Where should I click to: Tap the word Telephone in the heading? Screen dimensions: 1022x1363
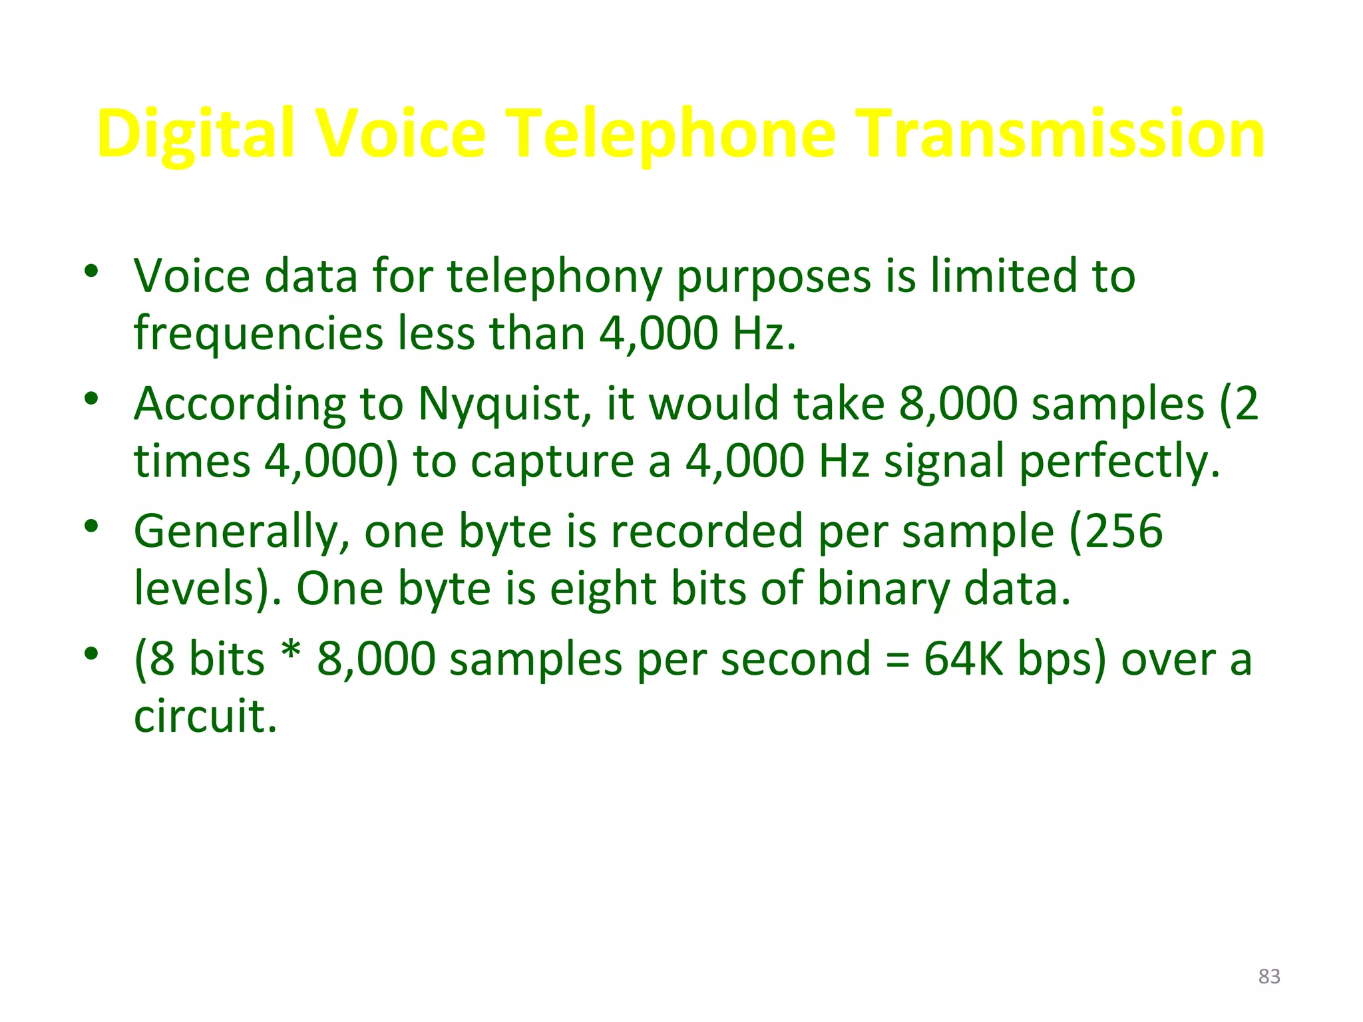[672, 134]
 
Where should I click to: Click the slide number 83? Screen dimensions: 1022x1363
[1269, 976]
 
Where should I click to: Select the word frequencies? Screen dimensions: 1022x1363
[258, 333]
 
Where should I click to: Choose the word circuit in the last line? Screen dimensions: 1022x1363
[205, 716]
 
